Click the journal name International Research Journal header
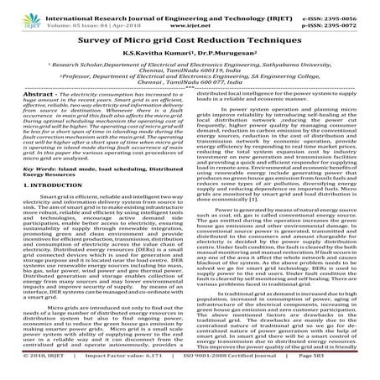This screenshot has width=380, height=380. pos(126,8)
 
